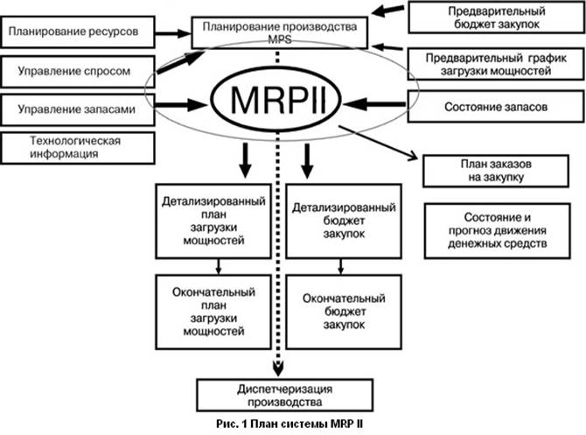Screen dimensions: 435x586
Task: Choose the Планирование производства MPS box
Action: pos(278,32)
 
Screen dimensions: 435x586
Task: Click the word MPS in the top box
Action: pos(277,40)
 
